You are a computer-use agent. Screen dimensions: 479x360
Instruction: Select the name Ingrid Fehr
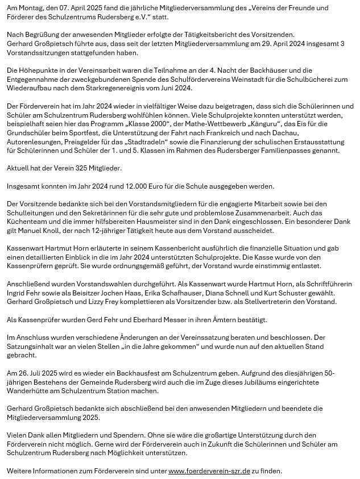[x=26, y=293]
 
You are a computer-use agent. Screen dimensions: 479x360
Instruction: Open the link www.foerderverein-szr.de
[x=210, y=470]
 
